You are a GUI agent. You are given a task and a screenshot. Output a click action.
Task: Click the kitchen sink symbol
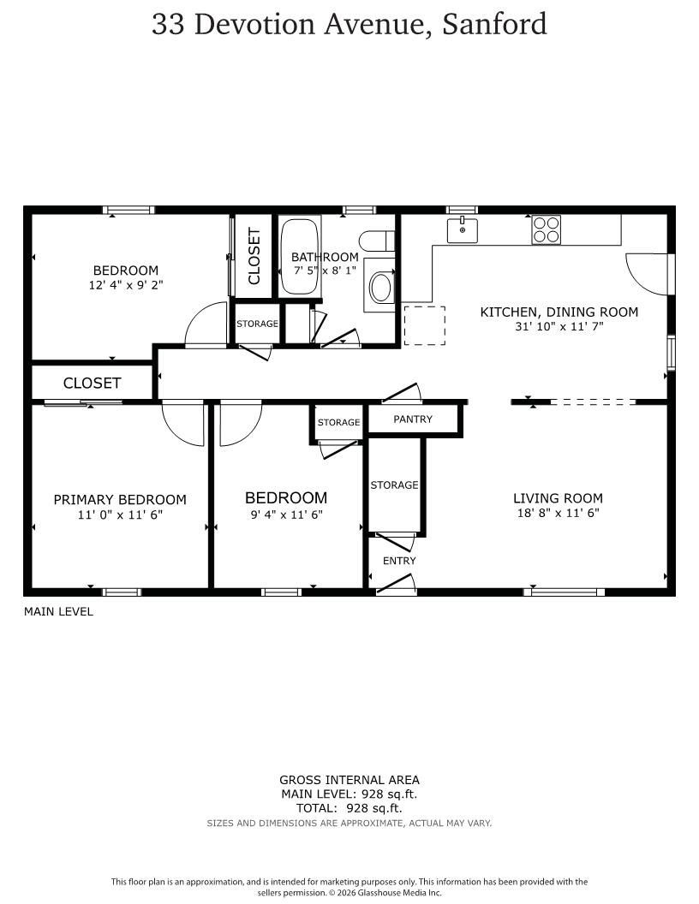point(462,230)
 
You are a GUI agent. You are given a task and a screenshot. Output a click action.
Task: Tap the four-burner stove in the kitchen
point(547,229)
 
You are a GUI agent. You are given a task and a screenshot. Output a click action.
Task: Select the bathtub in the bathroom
point(300,257)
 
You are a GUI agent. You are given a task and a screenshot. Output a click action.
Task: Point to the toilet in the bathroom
point(377,241)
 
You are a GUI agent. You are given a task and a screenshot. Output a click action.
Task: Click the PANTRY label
point(413,419)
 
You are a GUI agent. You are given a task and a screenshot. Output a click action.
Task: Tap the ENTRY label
point(399,561)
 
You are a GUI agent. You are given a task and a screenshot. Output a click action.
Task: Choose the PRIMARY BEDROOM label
point(120,500)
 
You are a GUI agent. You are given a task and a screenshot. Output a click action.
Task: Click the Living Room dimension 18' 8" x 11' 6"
point(559,513)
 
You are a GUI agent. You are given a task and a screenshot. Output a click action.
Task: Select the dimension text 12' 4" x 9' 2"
point(126,285)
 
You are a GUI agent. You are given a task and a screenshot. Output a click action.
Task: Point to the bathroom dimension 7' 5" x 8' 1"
point(325,270)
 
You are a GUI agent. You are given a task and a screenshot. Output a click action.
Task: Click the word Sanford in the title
point(494,24)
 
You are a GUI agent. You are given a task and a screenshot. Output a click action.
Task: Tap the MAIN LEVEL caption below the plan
point(58,612)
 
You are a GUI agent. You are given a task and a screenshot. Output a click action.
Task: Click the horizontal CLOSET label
point(92,383)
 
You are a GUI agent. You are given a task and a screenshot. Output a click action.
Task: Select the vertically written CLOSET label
point(254,256)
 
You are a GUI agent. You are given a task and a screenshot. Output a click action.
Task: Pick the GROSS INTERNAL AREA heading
point(349,780)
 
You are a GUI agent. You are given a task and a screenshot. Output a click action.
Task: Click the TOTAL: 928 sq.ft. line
point(349,808)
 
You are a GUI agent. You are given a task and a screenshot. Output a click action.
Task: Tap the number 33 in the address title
point(168,24)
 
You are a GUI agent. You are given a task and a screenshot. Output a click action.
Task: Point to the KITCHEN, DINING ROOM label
point(559,312)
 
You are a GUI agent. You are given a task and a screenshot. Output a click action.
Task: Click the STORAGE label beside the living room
point(395,485)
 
